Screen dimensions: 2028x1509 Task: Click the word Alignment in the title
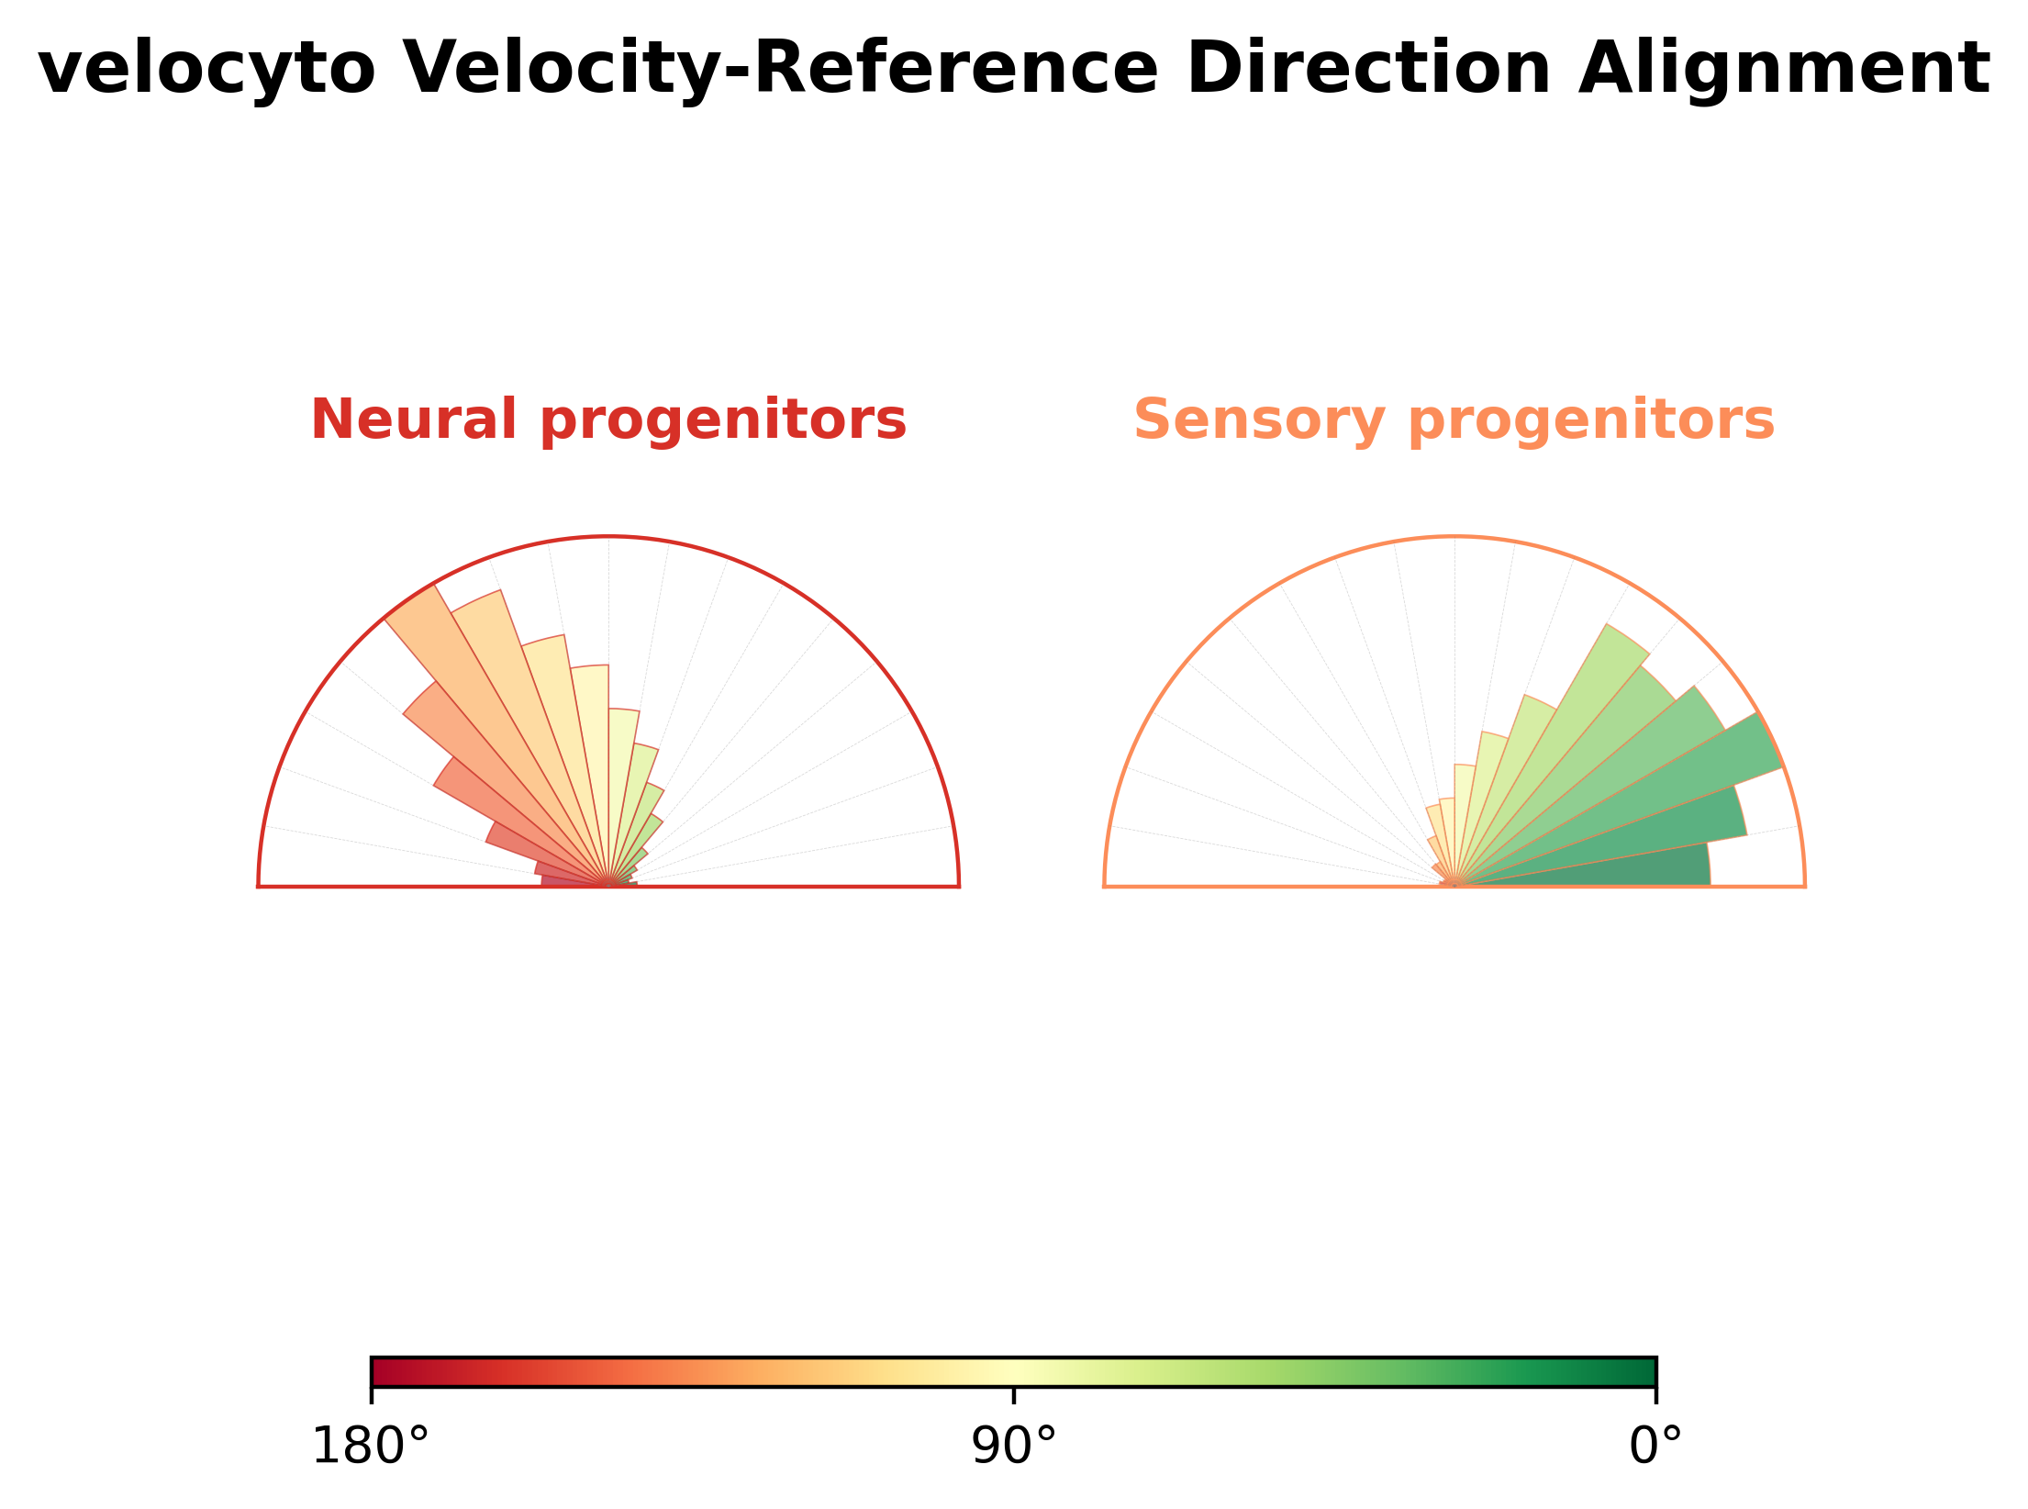pyautogui.click(x=1784, y=69)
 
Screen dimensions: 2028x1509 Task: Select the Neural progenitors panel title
pyautogui.click(x=608, y=421)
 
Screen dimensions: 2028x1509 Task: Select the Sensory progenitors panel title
pyautogui.click(x=1454, y=421)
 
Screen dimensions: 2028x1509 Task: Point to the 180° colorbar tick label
pyautogui.click(x=371, y=1447)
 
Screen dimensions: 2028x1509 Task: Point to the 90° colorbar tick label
pyautogui.click(x=1014, y=1447)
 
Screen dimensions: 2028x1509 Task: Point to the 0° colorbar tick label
pyautogui.click(x=1656, y=1447)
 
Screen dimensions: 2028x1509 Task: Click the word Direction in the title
pyautogui.click(x=1368, y=69)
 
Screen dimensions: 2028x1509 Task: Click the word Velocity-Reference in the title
pyautogui.click(x=781, y=69)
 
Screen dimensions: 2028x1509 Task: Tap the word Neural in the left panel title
pyautogui.click(x=413, y=421)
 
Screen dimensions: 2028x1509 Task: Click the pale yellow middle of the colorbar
pyautogui.click(x=1014, y=1371)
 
